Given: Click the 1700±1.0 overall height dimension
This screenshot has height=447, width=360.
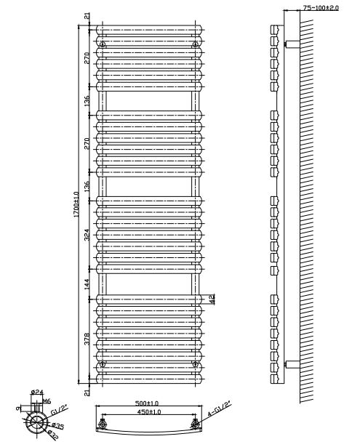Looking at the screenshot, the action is point(76,204).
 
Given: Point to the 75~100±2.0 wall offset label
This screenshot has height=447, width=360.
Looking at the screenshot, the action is point(321,8).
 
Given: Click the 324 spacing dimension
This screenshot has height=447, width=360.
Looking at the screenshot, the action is point(87,235).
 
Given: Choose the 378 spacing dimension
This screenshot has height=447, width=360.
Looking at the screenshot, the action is point(87,339).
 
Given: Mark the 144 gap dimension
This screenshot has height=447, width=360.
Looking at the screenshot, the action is point(87,284).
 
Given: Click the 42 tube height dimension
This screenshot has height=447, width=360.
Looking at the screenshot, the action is point(212,299).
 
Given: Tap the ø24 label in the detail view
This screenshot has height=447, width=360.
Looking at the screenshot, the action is point(37,392).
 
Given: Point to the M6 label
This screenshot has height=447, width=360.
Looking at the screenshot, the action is point(47,401).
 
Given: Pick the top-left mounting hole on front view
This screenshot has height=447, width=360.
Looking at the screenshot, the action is point(103,44).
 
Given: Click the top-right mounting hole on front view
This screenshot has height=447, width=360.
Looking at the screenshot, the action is point(195,44).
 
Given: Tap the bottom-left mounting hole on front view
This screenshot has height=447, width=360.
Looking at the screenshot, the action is point(103,364).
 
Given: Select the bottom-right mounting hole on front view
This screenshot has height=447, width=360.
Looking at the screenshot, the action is point(195,364).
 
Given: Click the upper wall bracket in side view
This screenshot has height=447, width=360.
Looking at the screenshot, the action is point(292,44).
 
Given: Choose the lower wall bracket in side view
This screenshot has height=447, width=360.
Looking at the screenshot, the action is point(292,364).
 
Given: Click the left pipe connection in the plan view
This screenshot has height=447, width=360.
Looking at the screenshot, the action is point(103,424).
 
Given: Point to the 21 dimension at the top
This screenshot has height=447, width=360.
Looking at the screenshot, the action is point(87,16).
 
